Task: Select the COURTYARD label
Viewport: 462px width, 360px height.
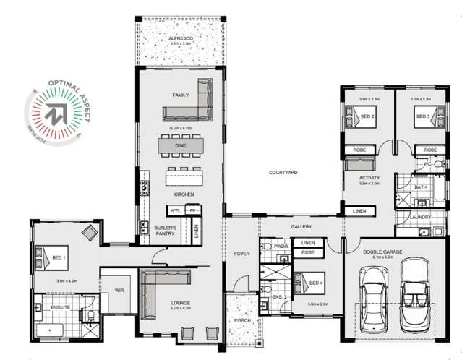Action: tap(283, 173)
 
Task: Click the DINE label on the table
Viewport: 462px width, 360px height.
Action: tap(181, 145)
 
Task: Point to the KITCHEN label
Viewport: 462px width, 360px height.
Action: tap(183, 195)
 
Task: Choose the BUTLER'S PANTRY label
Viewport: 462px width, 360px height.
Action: tap(166, 230)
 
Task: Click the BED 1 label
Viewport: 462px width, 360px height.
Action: tap(59, 257)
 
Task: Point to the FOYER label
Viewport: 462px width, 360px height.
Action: tap(241, 253)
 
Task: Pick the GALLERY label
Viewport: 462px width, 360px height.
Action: tap(301, 227)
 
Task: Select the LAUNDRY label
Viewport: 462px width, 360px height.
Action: tap(419, 217)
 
